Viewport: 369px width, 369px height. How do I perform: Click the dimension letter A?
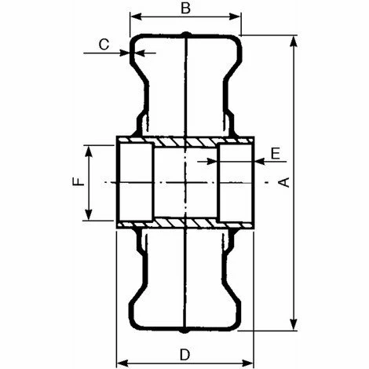point(285,182)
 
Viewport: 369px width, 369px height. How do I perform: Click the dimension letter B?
point(185,8)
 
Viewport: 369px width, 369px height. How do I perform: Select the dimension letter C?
point(104,44)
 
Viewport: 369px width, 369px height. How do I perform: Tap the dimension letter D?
point(184,355)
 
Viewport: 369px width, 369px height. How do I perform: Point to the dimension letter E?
point(276,153)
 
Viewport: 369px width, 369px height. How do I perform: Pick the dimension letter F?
point(79,181)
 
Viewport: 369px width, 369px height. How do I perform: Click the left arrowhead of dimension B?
point(136,17)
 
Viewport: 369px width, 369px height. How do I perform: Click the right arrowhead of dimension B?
point(235,17)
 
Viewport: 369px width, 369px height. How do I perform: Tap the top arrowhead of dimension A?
point(294,42)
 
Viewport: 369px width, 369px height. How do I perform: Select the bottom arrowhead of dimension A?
point(294,324)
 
